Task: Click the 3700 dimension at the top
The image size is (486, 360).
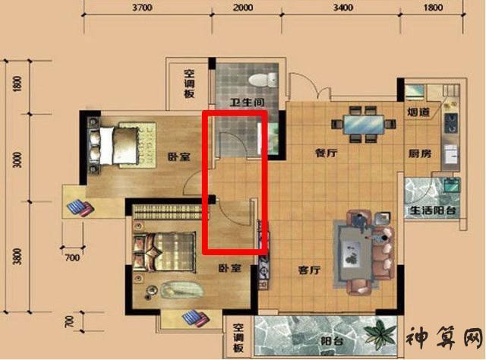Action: pos(143,7)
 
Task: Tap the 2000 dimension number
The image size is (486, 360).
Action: pos(243,7)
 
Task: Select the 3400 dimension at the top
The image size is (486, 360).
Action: pos(343,7)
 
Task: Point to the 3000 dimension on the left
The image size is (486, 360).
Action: pos(17,160)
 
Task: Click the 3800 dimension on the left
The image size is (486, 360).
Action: pos(17,257)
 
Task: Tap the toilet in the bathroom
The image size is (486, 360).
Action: pos(263,80)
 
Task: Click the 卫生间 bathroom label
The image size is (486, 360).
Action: pos(247,102)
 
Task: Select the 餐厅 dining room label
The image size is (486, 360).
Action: pos(326,153)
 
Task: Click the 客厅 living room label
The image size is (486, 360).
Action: pos(309,270)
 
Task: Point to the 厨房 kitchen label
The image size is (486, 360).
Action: pos(420,153)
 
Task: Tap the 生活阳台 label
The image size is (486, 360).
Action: pos(433,211)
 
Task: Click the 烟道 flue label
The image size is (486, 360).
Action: pos(418,112)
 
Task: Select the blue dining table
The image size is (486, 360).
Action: pos(363,125)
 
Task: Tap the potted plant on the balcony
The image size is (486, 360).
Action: pos(380,335)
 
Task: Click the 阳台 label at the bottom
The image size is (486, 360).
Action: pos(331,342)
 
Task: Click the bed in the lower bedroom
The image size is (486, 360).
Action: pos(164,252)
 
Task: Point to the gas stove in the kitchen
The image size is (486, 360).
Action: pos(451,122)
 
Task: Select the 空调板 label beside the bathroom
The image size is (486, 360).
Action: pos(189,84)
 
